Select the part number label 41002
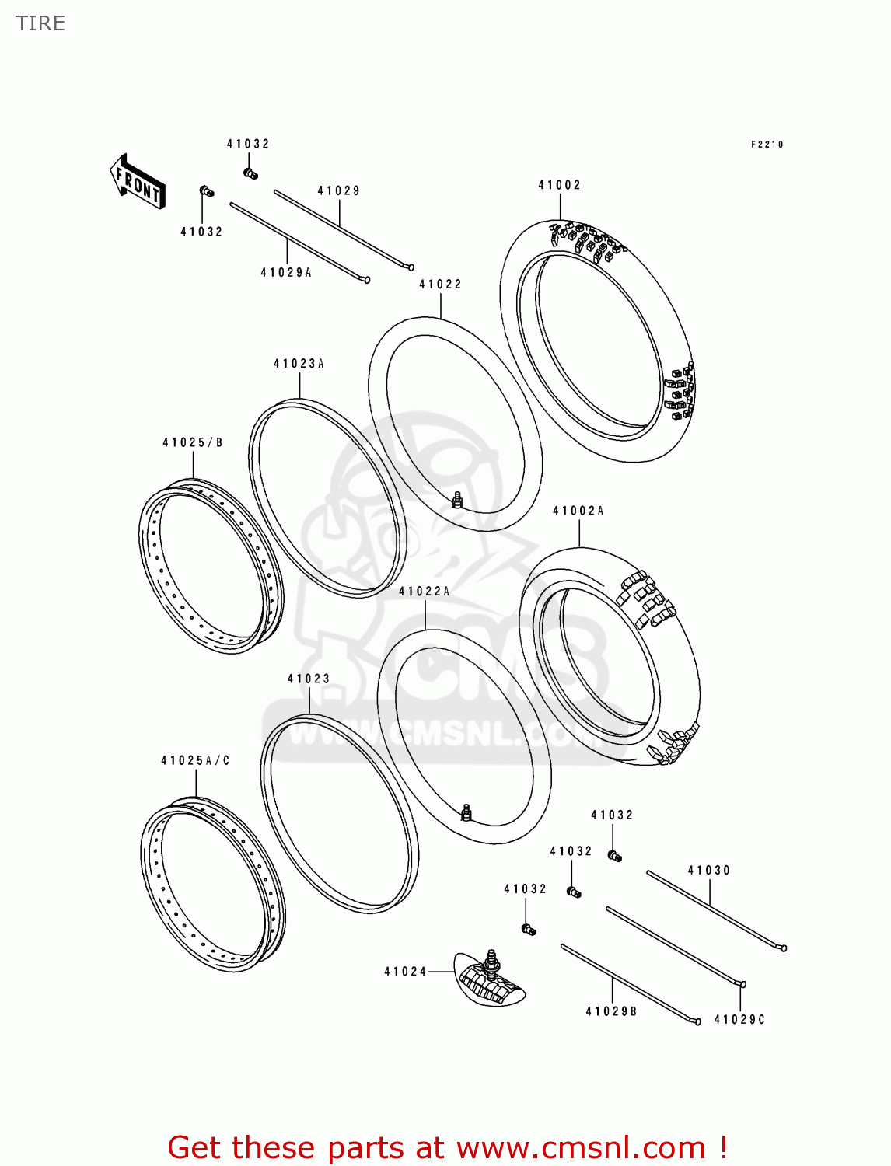pyautogui.click(x=559, y=185)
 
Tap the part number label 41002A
pyautogui.click(x=578, y=511)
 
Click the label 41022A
pyautogui.click(x=425, y=592)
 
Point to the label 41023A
pyautogui.click(x=299, y=364)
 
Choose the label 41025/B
pyautogui.click(x=193, y=443)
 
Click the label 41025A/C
pyautogui.click(x=195, y=761)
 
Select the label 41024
pyautogui.click(x=405, y=972)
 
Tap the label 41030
pyautogui.click(x=709, y=871)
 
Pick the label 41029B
pyautogui.click(x=611, y=1011)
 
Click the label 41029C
pyautogui.click(x=739, y=1020)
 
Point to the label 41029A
pyautogui.click(x=286, y=273)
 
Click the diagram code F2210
pyautogui.click(x=767, y=145)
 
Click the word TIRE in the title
pyautogui.click(x=40, y=23)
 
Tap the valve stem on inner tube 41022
pyautogui.click(x=458, y=500)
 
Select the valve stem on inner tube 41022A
pyautogui.click(x=466, y=813)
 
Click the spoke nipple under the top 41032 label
pyautogui.click(x=250, y=173)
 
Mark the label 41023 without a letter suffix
pyautogui.click(x=309, y=679)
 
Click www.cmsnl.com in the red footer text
pyautogui.click(x=580, y=1148)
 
